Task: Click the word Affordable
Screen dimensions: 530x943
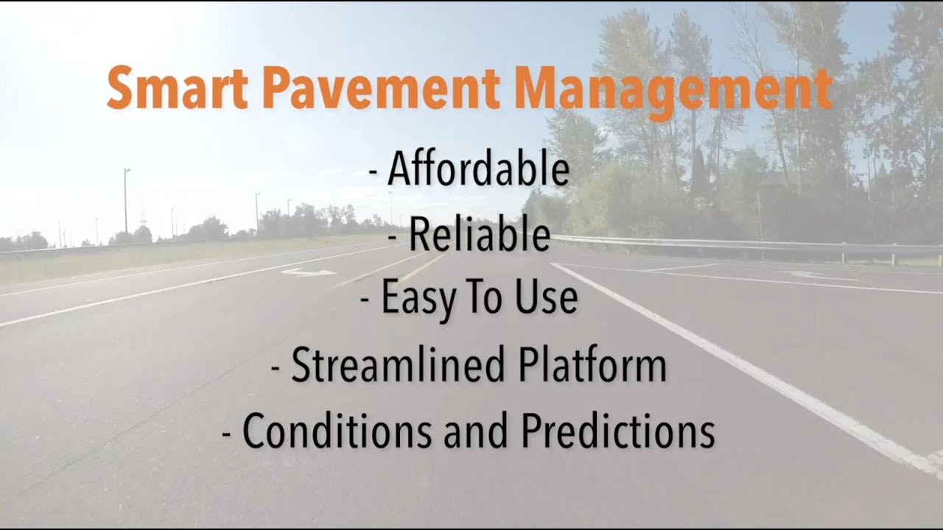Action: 478,170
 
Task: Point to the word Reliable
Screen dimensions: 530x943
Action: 479,235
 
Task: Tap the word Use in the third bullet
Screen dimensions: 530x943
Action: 546,298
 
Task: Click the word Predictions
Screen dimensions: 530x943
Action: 617,430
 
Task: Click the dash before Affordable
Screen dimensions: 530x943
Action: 374,174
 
